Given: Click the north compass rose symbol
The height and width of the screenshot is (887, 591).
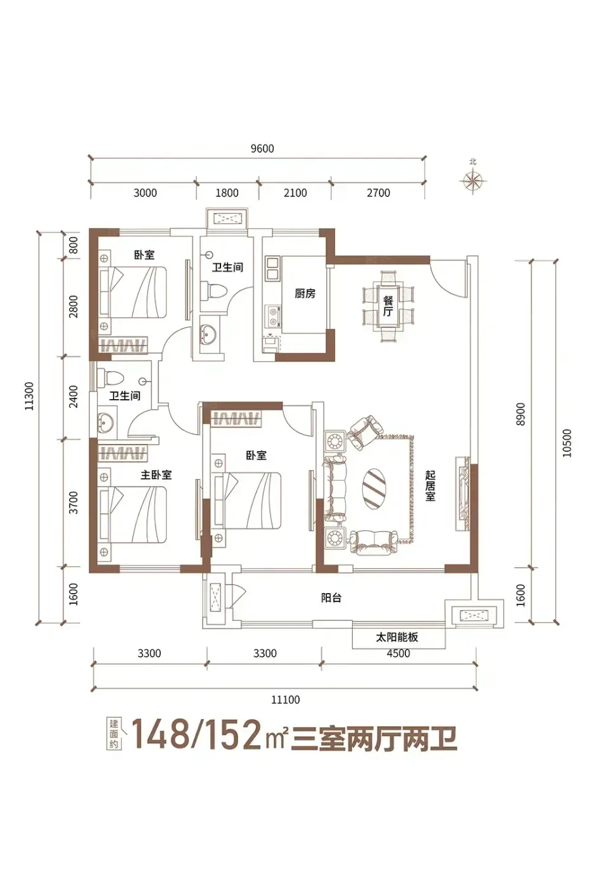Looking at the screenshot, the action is (473, 179).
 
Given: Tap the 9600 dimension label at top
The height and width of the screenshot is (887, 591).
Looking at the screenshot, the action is (262, 148).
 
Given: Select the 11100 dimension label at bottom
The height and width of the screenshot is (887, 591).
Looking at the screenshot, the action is (285, 699).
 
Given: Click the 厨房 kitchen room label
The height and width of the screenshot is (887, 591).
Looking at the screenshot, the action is (305, 293).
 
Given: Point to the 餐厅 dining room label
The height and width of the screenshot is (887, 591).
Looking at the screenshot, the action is (388, 306).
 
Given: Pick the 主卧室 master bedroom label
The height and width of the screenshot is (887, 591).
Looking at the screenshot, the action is (156, 475).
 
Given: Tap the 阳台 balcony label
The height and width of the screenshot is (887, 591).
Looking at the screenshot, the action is (331, 597).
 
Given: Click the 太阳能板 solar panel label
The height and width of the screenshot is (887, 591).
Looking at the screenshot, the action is (397, 637).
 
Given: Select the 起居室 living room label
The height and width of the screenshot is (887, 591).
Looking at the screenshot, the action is (430, 485).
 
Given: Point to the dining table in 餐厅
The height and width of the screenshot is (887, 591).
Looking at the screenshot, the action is (388, 307).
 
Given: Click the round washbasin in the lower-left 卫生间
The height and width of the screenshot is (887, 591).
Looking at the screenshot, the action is (106, 423).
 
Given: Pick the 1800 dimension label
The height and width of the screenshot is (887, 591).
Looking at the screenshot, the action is (227, 193).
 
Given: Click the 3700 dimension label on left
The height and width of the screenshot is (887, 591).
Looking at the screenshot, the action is (73, 502).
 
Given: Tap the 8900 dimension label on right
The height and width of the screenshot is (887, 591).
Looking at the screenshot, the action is (521, 414).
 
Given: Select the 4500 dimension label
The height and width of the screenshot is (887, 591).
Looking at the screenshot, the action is (398, 653).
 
